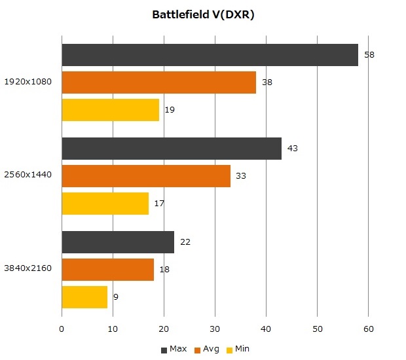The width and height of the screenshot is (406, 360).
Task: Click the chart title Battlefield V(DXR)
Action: pyautogui.click(x=203, y=14)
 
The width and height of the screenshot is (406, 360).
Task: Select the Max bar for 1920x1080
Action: pyautogui.click(x=210, y=55)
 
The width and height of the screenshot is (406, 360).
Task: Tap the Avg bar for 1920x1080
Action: pyautogui.click(x=158, y=82)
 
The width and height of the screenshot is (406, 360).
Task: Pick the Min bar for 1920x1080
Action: pyautogui.click(x=110, y=110)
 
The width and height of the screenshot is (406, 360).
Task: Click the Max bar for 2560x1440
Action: pyautogui.click(x=172, y=149)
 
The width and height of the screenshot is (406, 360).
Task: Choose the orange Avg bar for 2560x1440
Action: pyautogui.click(x=146, y=176)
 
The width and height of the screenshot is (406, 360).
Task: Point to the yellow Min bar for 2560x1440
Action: pyautogui.click(x=105, y=204)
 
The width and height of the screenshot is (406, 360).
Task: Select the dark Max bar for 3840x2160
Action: pyautogui.click(x=118, y=242)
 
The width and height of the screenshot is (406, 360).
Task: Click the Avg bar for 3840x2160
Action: pyautogui.click(x=107, y=269)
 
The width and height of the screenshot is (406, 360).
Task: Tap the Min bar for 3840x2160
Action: pyautogui.click(x=84, y=297)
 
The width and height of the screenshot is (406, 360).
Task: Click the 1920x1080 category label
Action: pyautogui.click(x=28, y=82)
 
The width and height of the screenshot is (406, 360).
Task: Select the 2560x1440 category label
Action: pyautogui.click(x=28, y=175)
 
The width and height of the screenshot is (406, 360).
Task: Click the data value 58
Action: pyautogui.click(x=369, y=55)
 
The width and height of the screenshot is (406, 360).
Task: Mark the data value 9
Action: pyautogui.click(x=116, y=297)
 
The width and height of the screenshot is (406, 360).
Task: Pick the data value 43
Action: pyautogui.click(x=293, y=149)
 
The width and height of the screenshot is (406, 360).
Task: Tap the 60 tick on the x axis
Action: pyautogui.click(x=368, y=329)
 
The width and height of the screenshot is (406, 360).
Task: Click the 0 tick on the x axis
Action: pyautogui.click(x=62, y=329)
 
